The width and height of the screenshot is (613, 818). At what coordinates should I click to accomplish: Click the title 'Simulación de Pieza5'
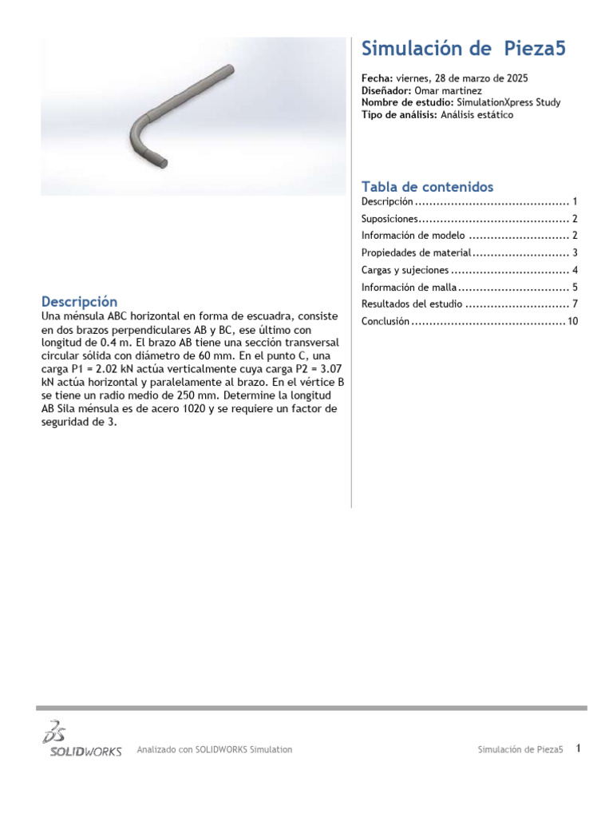tap(463, 50)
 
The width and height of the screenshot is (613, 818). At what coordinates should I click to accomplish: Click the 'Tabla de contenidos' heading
tap(427, 187)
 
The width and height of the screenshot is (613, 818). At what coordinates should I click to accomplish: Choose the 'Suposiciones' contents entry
tap(390, 219)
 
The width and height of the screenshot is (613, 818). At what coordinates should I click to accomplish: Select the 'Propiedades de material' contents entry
tap(416, 253)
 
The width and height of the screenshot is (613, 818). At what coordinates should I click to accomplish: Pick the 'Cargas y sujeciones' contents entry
tap(405, 270)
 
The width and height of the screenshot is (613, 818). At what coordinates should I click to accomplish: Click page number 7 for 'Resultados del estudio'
tap(574, 304)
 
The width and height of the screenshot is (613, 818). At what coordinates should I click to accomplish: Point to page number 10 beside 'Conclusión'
tap(572, 321)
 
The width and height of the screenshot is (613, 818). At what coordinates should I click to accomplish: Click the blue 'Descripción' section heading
tap(79, 302)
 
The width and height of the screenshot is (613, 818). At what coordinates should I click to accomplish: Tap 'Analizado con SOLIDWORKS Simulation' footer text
tap(215, 749)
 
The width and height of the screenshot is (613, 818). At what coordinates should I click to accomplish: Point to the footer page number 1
tap(578, 749)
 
